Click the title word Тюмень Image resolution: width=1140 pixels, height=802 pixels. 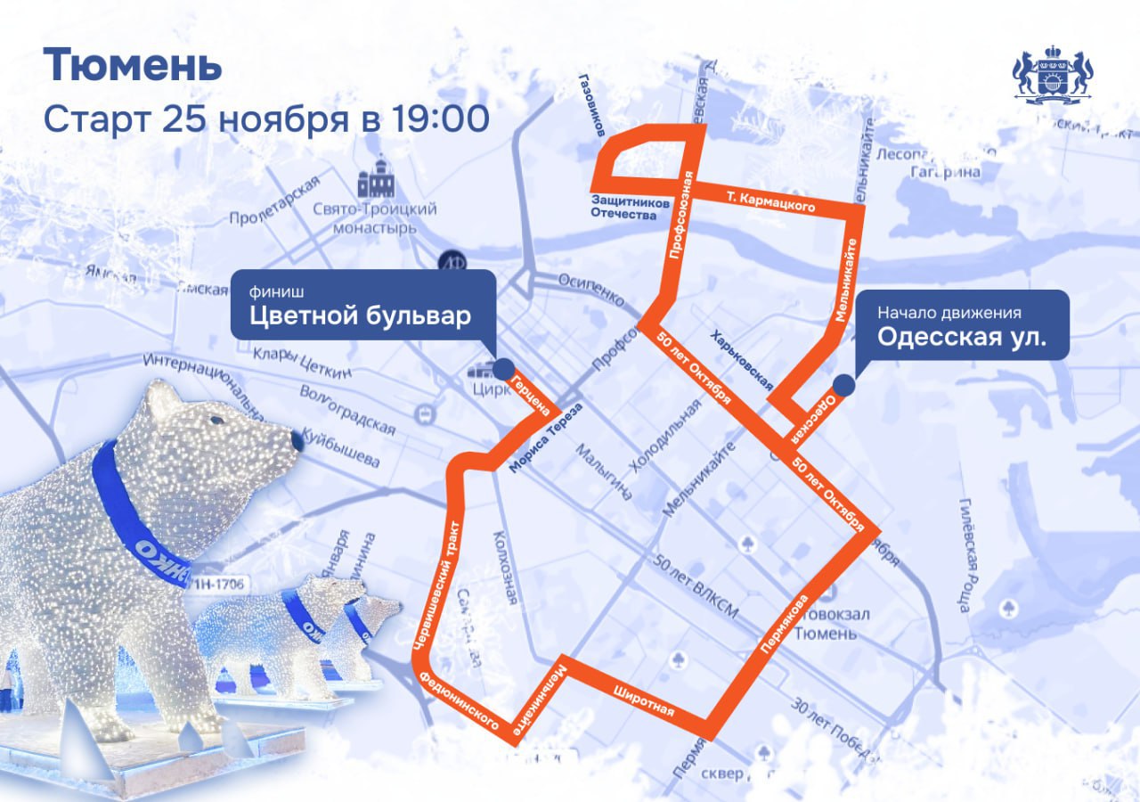[x=132, y=65]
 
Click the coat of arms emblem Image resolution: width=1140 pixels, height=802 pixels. [x=1053, y=77]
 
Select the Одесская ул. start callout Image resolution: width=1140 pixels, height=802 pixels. [x=962, y=325]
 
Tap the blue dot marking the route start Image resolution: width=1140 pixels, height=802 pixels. [x=843, y=385]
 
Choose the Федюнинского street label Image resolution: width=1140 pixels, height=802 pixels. [x=458, y=703]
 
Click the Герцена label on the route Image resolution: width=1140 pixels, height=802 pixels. [x=530, y=397]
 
